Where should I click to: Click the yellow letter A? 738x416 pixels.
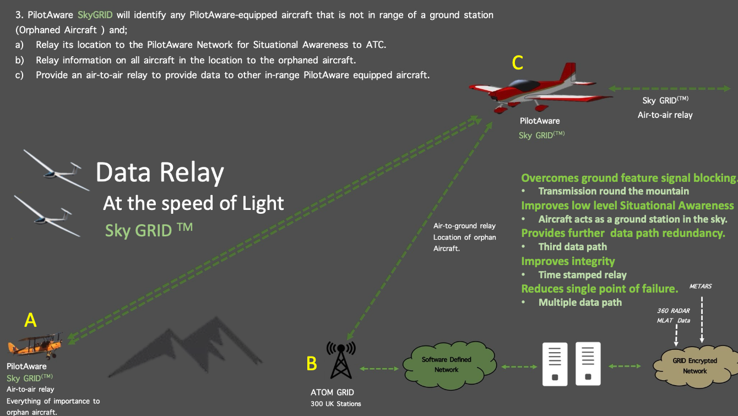coord(31,320)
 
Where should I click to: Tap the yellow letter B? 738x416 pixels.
coord(311,363)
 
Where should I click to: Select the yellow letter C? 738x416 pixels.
coord(517,63)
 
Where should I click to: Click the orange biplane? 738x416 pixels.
coord(35,345)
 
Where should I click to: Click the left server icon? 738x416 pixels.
coord(555,364)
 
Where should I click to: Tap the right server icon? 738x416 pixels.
coord(588,364)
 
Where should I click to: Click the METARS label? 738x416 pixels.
coord(701,287)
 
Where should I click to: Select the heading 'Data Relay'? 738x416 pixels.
coord(160,172)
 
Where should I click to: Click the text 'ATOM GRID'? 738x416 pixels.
coord(332,392)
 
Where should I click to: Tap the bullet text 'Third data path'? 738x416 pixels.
coord(572,247)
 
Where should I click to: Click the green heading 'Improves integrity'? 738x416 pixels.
coord(568,261)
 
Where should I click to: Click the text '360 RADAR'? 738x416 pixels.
coord(673,311)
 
